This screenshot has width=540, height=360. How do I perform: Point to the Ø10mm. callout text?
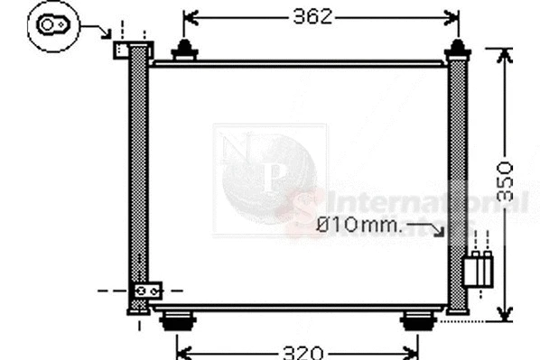pyautogui.click(x=360, y=225)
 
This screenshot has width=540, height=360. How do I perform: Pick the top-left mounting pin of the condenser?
pyautogui.click(x=184, y=51)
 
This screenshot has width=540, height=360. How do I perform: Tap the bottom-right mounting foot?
pyautogui.click(x=417, y=319)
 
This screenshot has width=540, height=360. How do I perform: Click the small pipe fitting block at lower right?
pyautogui.click(x=478, y=269)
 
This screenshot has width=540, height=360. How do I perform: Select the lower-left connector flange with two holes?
pyautogui.click(x=146, y=291)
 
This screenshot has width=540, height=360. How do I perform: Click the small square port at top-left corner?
pyautogui.click(x=121, y=49)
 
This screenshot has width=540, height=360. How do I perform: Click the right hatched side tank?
pyautogui.click(x=458, y=180)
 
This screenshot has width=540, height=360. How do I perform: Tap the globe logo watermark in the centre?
pyautogui.click(x=268, y=173)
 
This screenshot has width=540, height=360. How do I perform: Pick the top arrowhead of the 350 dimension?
pyautogui.click(x=505, y=54)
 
